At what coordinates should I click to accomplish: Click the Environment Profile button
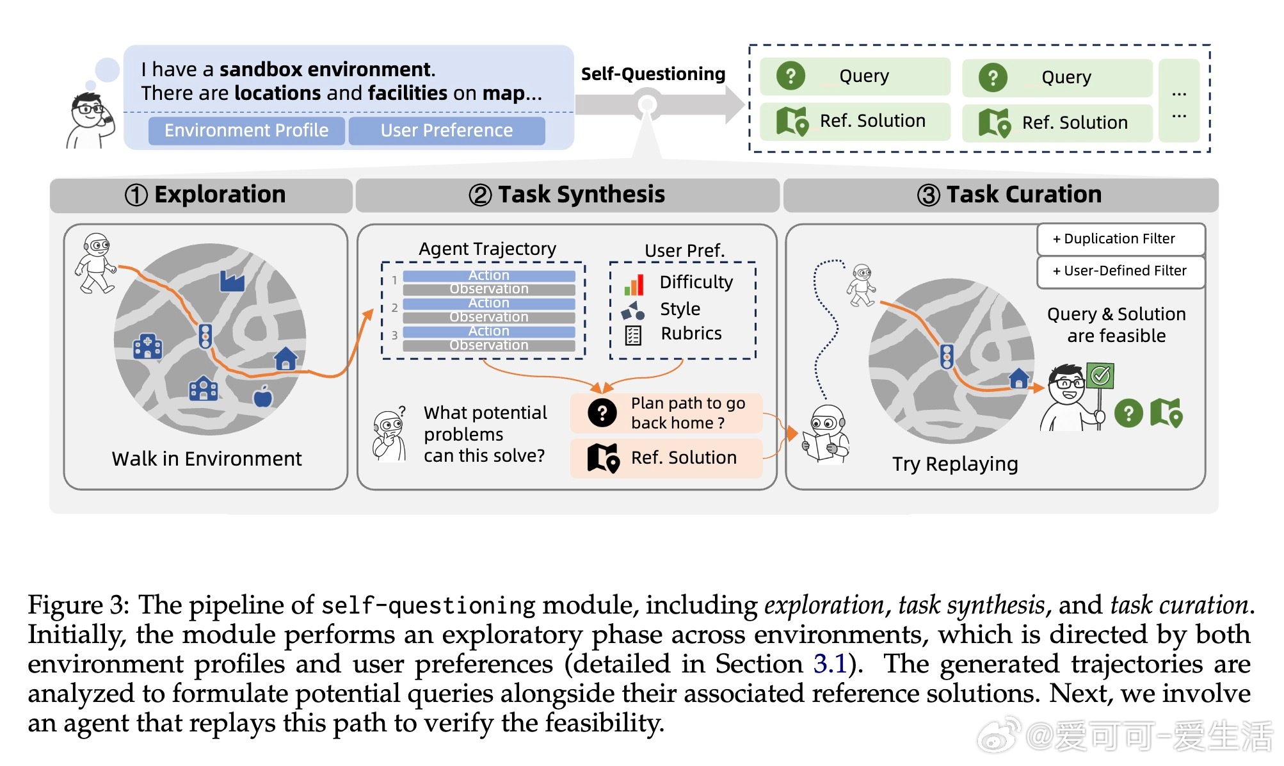tap(246, 131)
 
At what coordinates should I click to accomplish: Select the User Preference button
tap(447, 131)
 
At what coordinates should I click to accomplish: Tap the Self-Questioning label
tap(653, 74)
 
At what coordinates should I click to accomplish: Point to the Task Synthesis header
tap(567, 195)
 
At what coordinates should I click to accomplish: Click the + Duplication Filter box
tap(1120, 239)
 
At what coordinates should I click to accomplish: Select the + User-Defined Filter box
tap(1120, 271)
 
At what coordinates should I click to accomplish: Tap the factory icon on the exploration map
tap(232, 281)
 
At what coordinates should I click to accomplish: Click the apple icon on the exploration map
tap(263, 397)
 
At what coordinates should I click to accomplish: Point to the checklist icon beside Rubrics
tap(633, 335)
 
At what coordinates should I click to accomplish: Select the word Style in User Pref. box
tap(680, 309)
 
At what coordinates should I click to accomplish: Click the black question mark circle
tap(602, 413)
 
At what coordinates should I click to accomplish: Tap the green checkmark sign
tap(1100, 375)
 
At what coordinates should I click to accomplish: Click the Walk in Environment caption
tap(206, 459)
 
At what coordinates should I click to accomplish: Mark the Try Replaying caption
tap(955, 464)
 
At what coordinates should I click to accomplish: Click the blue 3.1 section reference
tap(830, 664)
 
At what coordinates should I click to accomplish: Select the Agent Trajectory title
tap(487, 249)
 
